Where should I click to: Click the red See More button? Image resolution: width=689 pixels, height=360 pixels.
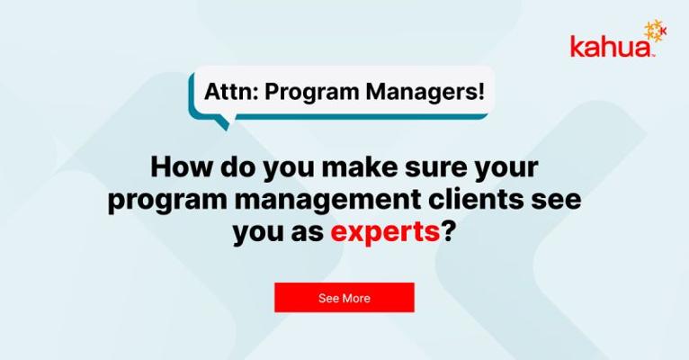(x=344, y=298)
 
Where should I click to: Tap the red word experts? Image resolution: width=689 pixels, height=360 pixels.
(x=385, y=232)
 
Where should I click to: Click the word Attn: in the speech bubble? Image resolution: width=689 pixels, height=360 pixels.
(x=231, y=92)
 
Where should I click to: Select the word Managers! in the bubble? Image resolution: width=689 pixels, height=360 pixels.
(x=425, y=93)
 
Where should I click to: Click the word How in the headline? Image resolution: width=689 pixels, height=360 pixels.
(x=182, y=167)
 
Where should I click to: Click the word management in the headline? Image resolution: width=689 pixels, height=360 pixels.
(x=327, y=202)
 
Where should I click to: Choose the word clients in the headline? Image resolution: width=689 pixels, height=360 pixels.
(x=476, y=200)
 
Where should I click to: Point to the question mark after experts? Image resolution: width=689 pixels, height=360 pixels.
(x=447, y=231)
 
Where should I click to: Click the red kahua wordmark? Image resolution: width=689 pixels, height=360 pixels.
(x=612, y=46)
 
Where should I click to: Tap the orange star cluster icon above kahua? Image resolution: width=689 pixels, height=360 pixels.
(x=655, y=31)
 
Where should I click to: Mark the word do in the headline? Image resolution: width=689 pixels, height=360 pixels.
(x=237, y=167)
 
